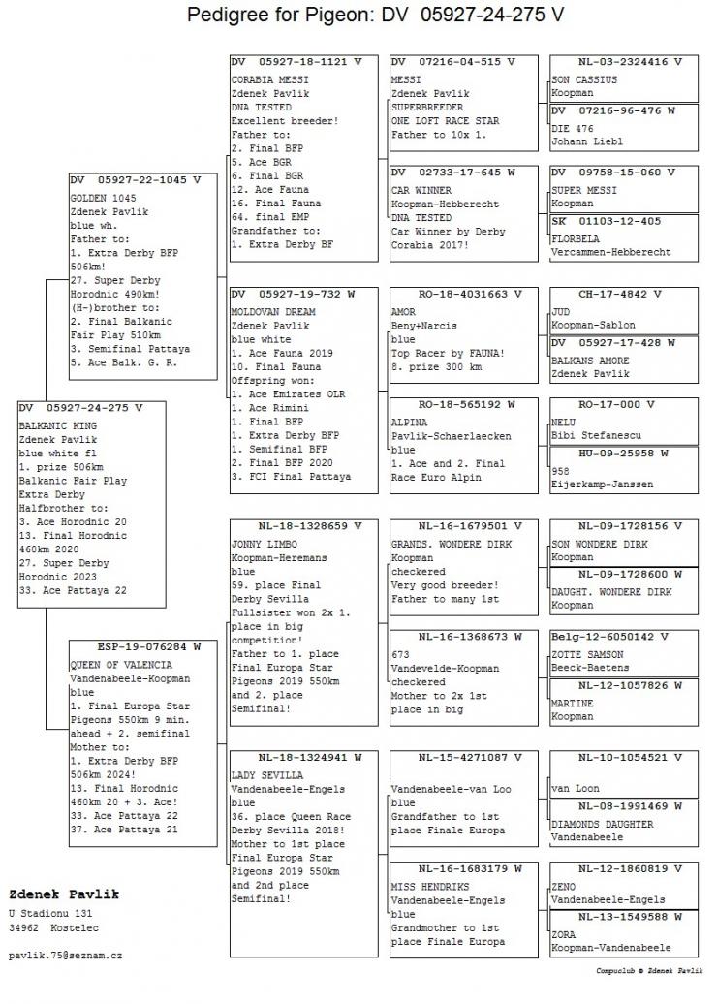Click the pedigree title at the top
pyautogui.click(x=375, y=16)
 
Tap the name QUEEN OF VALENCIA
pyautogui.click(x=121, y=665)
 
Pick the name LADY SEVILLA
pyautogui.click(x=266, y=775)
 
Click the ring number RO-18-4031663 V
pyautogui.click(x=456, y=294)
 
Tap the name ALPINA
pyautogui.click(x=408, y=423)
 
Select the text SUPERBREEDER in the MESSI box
pyautogui.click(x=427, y=108)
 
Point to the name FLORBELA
pyautogui.click(x=577, y=237)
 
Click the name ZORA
pyautogui.click(x=563, y=934)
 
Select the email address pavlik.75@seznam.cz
pyautogui.click(x=65, y=955)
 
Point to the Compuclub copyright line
pyautogui.click(x=647, y=969)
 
